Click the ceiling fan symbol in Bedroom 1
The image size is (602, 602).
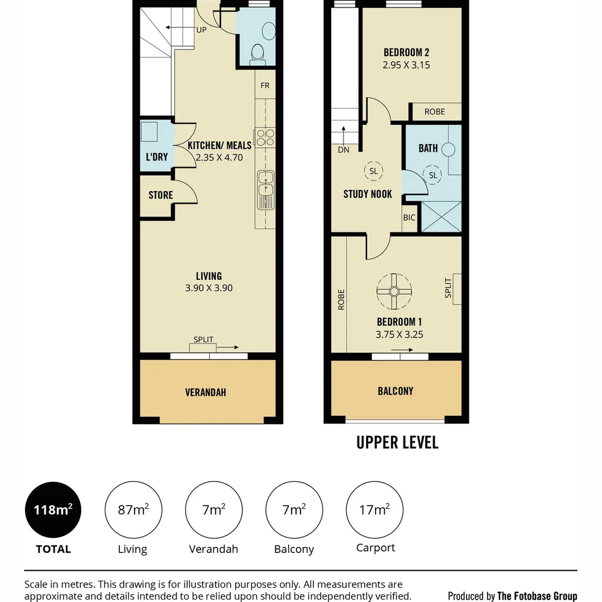tap(394, 292)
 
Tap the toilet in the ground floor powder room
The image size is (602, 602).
tap(258, 55)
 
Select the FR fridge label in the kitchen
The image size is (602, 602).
tap(265, 85)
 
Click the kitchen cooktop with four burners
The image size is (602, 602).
tap(265, 138)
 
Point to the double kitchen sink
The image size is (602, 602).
tap(266, 190)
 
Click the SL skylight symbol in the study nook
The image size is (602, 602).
tap(373, 171)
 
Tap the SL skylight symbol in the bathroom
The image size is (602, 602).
tap(433, 175)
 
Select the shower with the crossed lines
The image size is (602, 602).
tap(441, 216)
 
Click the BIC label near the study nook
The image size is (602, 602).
tap(409, 218)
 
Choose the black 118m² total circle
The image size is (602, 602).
tap(53, 510)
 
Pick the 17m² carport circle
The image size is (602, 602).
tap(375, 510)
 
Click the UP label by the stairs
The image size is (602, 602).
tap(201, 30)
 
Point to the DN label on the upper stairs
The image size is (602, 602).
tap(343, 150)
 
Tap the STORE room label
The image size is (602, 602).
tap(161, 195)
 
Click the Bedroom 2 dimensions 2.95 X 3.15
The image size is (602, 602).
tap(406, 65)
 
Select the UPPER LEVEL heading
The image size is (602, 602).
tap(397, 442)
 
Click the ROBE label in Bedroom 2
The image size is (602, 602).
tap(435, 111)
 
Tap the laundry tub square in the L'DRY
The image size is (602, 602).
tap(149, 132)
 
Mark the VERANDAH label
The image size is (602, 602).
tap(205, 392)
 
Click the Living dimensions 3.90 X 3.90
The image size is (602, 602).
tap(209, 288)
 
